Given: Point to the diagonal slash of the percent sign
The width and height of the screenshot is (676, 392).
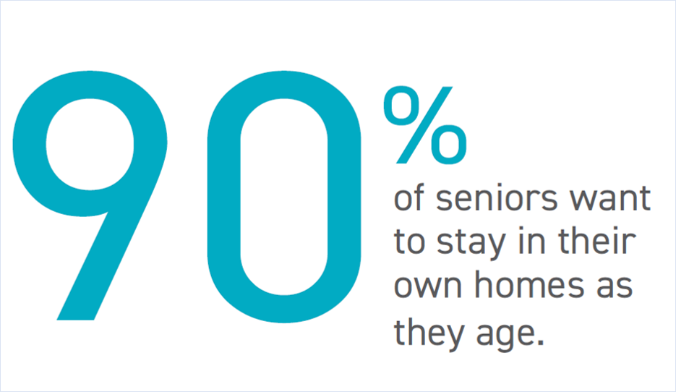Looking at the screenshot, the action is click(424, 125).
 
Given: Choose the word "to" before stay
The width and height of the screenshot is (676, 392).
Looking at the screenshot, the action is click(409, 242).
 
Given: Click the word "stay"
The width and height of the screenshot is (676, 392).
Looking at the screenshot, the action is click(471, 246).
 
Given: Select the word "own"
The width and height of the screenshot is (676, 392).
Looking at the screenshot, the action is click(428, 286).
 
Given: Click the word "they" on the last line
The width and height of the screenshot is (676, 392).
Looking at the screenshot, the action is click(429, 334).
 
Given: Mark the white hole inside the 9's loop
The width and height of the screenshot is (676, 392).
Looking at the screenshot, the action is click(90, 145).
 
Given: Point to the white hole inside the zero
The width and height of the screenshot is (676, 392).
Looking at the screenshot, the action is click(284, 196).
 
